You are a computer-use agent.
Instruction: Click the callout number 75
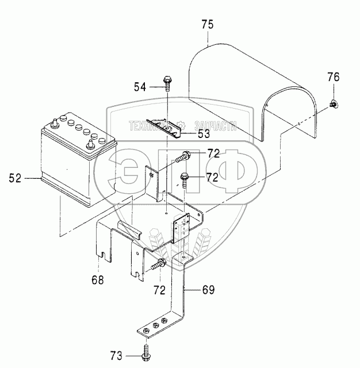tap(208, 24)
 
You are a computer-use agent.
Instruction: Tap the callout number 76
tap(334, 77)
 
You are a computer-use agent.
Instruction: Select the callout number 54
tap(140, 87)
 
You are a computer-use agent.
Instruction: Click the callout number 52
tap(15, 179)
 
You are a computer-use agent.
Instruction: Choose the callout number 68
tap(98, 280)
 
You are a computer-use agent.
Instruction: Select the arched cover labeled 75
tap(253, 92)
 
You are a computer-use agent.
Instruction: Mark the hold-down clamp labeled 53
tap(163, 125)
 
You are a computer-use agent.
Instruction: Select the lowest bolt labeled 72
tap(158, 265)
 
